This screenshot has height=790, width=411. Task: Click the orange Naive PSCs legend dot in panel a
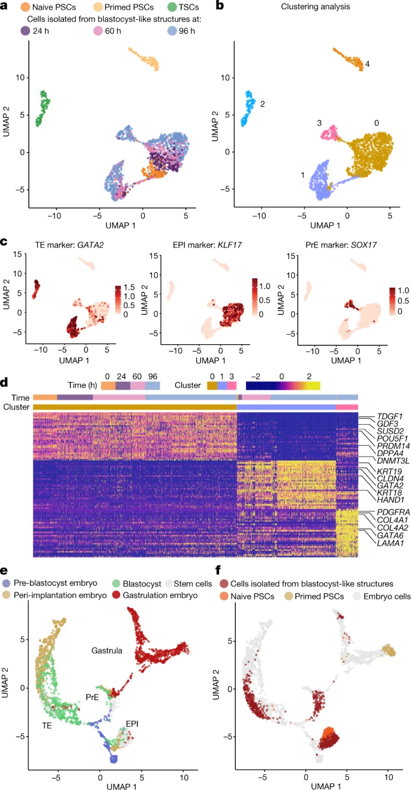(25, 8)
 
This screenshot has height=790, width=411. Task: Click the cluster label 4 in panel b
(367, 64)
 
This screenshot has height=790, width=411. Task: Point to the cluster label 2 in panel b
(263, 104)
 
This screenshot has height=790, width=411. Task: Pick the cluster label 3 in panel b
(320, 123)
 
